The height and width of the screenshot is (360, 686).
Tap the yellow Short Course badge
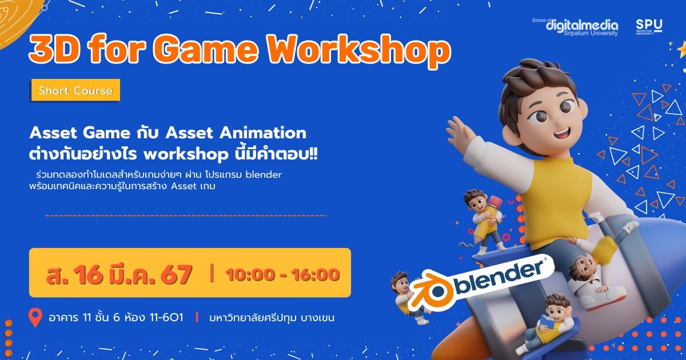[75, 90]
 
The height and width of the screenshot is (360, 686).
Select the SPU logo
[649, 27]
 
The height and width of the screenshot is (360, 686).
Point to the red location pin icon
[35, 318]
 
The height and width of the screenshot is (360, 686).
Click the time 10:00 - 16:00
[282, 274]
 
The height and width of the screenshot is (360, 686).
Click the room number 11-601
[166, 318]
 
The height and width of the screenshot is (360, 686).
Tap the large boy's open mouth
[562, 134]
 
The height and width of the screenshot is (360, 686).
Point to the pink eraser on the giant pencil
[495, 202]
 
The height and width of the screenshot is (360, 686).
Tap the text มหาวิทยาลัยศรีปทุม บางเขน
[272, 318]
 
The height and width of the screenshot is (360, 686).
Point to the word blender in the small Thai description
[264, 174]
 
